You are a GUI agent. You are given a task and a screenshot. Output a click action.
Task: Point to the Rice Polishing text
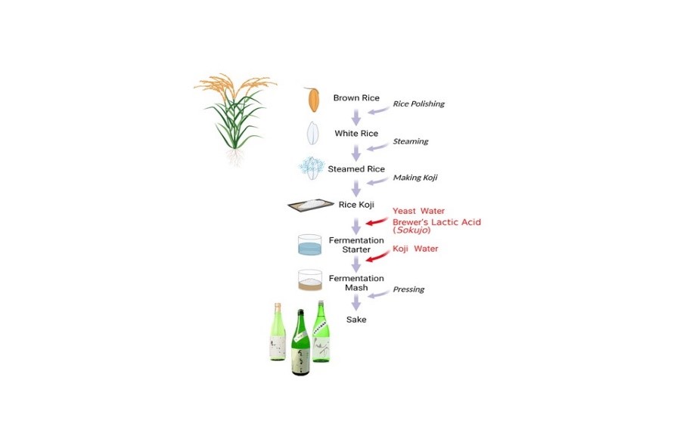[418, 104]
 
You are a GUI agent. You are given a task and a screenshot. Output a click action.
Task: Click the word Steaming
[410, 141]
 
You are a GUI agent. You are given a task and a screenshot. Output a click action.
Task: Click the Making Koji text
[415, 178]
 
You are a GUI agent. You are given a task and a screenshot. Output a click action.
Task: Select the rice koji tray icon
[312, 204]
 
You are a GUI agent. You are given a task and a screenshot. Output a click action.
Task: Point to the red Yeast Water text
[418, 212]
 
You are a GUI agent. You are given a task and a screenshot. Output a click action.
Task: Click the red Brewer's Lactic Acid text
[436, 222]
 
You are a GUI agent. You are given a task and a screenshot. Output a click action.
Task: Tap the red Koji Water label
[415, 249]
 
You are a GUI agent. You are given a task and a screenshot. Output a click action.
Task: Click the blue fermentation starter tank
[310, 245]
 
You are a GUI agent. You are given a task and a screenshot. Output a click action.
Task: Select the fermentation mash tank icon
[310, 281]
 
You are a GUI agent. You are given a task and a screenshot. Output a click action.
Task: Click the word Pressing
[408, 289]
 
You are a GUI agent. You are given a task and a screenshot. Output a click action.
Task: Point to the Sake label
[356, 320]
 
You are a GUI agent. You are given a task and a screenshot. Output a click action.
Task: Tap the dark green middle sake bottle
[301, 344]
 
